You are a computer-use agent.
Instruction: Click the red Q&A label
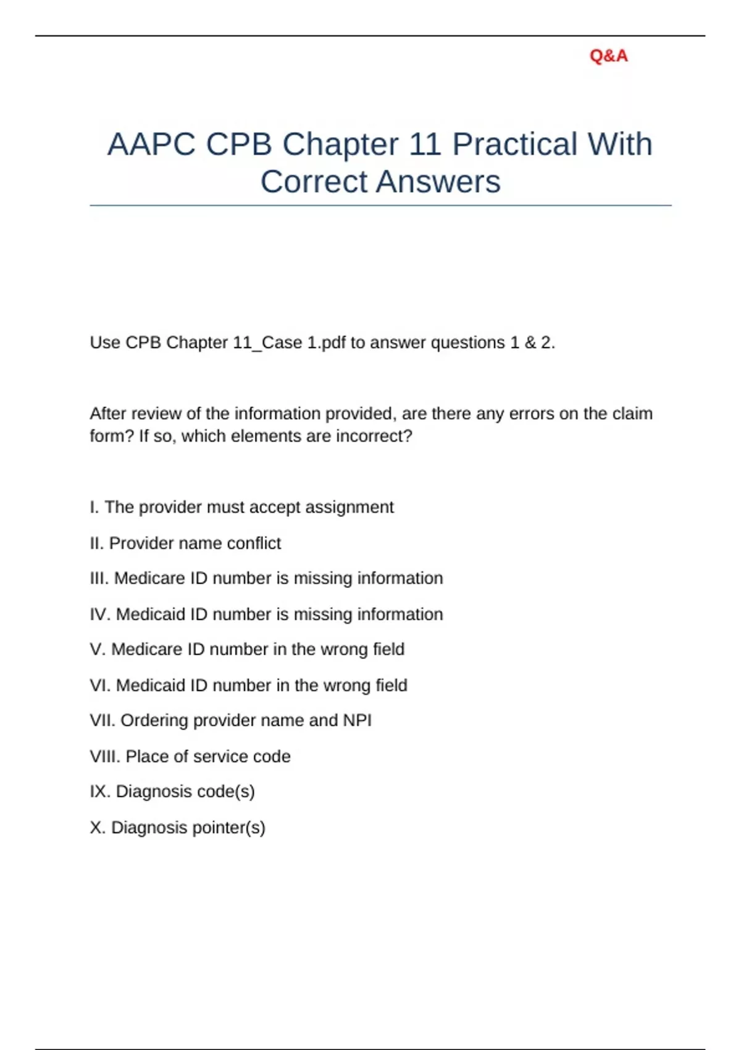608,56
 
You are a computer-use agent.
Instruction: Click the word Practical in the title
514,145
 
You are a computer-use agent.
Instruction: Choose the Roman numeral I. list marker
94,508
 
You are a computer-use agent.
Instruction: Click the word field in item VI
391,686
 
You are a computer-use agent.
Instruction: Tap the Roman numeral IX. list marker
100,792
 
